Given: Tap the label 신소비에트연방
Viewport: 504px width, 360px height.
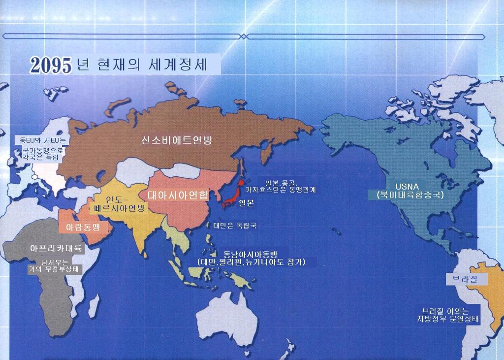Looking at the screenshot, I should pyautogui.click(x=176, y=140).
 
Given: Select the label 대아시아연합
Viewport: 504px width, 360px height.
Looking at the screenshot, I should pyautogui.click(x=178, y=194).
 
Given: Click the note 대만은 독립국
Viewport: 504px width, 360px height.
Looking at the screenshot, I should pyautogui.click(x=235, y=226).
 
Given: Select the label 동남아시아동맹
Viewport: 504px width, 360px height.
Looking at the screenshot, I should pyautogui.click(x=250, y=253).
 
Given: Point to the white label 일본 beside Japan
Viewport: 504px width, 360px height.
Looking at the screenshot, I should pyautogui.click(x=246, y=202).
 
